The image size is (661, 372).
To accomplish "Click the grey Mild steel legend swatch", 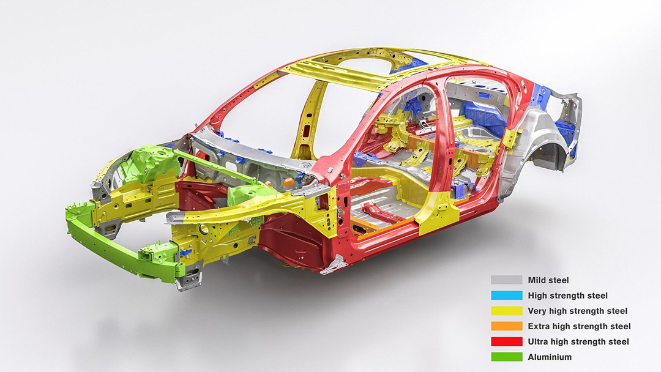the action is tap(506, 280).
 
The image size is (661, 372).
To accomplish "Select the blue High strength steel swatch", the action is tap(506, 296).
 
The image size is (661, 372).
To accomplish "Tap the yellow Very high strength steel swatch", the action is tap(506, 311).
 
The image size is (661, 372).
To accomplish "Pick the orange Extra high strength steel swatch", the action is tap(506, 326).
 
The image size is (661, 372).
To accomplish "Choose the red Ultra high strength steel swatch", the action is tap(506, 341).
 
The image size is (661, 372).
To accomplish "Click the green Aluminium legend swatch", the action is tap(506, 357).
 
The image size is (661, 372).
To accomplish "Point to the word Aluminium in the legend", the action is tap(550, 357).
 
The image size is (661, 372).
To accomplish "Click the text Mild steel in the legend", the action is tap(548, 280).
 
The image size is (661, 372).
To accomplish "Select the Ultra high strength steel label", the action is tap(578, 341).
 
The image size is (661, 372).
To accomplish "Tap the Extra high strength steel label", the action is tap(579, 326).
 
